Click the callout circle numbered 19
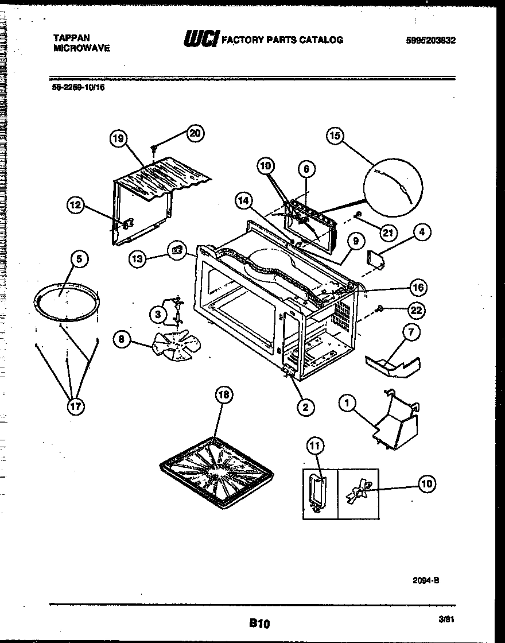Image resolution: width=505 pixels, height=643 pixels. tap(118, 138)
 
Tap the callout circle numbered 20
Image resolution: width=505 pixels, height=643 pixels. tap(195, 133)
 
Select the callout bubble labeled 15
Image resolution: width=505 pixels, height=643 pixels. tap(335, 136)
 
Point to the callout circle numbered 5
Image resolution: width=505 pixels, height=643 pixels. tap(80, 259)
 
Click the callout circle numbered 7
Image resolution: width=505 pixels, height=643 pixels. tap(411, 332)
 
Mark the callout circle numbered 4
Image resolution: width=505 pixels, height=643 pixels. tap(422, 233)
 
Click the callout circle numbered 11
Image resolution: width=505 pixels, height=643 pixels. tap(315, 445)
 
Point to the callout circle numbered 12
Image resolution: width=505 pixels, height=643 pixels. tap(76, 204)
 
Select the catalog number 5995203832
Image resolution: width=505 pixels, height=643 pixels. tap(430, 40)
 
